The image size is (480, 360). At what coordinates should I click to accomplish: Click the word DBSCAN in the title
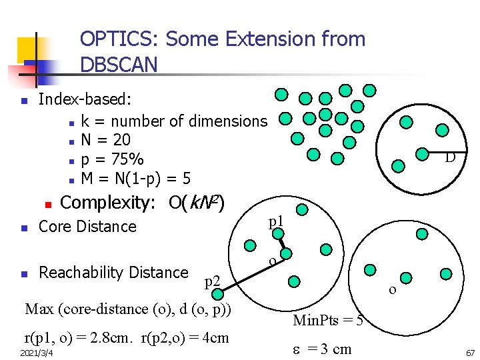click(119, 65)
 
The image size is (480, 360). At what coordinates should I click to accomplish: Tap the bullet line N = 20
click(105, 140)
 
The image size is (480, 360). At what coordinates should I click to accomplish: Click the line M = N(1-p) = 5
click(136, 179)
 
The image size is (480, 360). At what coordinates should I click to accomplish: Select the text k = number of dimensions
click(173, 121)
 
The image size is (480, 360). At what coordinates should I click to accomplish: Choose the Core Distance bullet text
click(87, 227)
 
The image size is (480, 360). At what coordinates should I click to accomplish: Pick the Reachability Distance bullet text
click(113, 273)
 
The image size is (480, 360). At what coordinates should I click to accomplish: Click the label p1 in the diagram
click(276, 221)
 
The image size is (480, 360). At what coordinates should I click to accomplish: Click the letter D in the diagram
click(450, 158)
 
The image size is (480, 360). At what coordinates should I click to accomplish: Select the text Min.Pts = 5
click(328, 321)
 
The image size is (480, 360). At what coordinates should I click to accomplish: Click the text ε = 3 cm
click(323, 349)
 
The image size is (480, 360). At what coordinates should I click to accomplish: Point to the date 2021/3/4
click(37, 351)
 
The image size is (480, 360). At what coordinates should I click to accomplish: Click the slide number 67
click(470, 351)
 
